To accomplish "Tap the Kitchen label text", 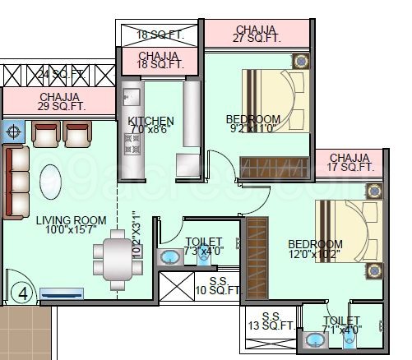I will point(151,122).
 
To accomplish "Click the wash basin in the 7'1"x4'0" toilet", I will point(314,339).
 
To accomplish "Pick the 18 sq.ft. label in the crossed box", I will point(159,35).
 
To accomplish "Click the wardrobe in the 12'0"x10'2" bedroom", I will point(257,252).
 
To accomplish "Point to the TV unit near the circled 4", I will point(62,292).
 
